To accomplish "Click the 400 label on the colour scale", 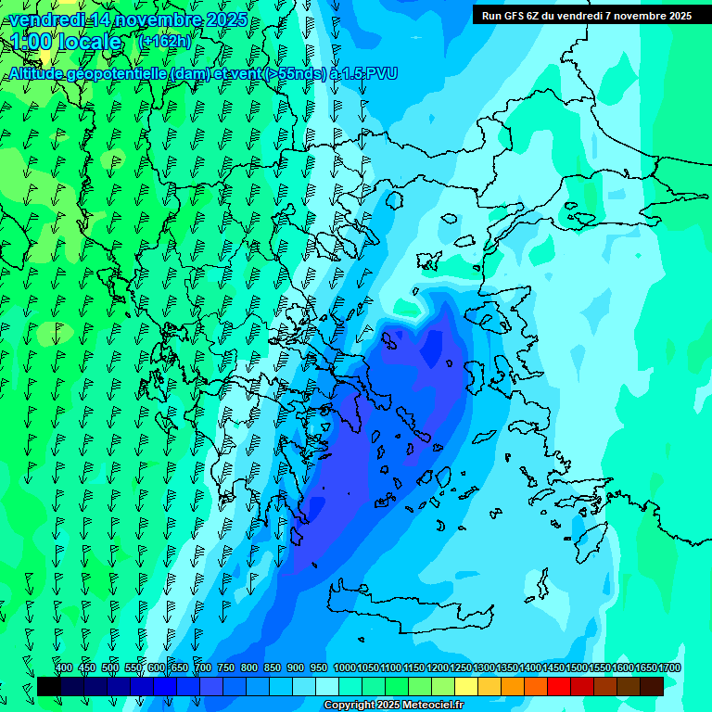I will click(64, 667).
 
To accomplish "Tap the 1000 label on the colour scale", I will click(344, 667).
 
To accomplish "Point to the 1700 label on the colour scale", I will click(668, 667).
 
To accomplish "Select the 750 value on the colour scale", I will click(225, 667).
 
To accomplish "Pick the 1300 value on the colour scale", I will click(483, 667).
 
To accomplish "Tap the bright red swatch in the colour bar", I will click(559, 686).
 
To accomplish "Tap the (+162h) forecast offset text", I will click(164, 42).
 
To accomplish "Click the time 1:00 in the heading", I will click(32, 43).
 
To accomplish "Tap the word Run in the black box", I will click(490, 16).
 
